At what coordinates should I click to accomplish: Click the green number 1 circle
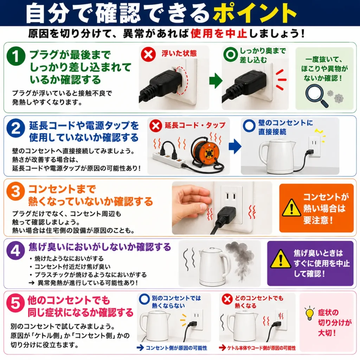[x=16, y=56]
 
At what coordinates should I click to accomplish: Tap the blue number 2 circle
[x=16, y=128]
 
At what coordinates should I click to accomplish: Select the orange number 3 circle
[x=15, y=191]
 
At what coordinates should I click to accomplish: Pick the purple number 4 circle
[x=15, y=250]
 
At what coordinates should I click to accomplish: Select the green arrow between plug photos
[x=216, y=81]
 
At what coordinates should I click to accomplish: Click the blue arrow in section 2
[x=235, y=146]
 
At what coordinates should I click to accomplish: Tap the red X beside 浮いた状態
[x=148, y=54]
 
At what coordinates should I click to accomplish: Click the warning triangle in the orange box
[x=291, y=208]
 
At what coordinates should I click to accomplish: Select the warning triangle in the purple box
[x=280, y=259]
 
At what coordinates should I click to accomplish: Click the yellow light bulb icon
[x=309, y=313]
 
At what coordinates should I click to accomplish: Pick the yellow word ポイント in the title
[x=255, y=13]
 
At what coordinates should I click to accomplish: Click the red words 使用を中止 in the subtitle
[x=219, y=33]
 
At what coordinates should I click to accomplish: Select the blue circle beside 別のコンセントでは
[x=144, y=299]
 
